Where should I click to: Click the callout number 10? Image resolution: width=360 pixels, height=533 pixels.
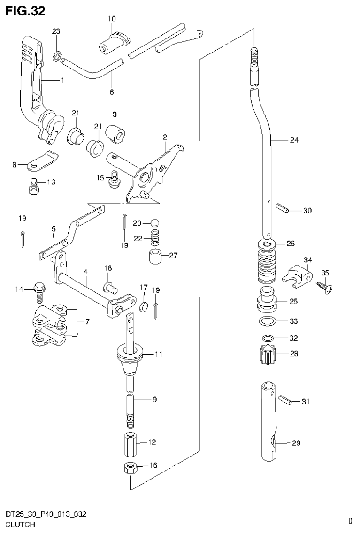(x=111, y=19)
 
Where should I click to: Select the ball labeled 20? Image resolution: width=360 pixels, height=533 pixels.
(x=155, y=222)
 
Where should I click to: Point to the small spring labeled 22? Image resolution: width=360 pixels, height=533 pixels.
(x=154, y=238)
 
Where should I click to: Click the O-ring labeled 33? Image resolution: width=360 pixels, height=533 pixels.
(x=267, y=322)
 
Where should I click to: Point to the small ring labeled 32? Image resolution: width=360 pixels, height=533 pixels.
(x=268, y=338)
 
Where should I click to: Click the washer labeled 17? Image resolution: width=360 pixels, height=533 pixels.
(x=144, y=307)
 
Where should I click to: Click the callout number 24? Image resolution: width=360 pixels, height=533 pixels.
(x=294, y=140)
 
